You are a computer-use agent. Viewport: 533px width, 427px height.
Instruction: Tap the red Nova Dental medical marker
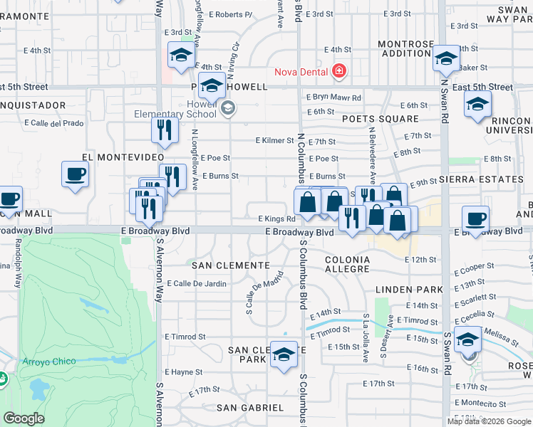pos(338,71)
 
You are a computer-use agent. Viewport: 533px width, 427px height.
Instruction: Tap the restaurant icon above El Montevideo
pos(163,130)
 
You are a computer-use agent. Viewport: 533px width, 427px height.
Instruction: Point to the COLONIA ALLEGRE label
pos(347,265)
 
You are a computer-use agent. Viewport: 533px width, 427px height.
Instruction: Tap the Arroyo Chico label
pos(44,362)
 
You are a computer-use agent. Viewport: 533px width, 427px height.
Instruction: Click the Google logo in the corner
pos(24,418)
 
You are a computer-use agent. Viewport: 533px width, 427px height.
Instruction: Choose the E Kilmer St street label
pos(274,142)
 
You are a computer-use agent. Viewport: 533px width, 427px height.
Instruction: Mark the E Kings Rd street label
pos(270,219)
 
